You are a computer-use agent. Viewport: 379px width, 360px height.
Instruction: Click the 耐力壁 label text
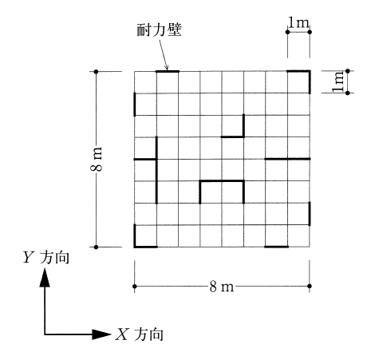pos(159,30)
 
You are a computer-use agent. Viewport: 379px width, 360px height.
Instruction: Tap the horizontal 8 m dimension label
pos(222,287)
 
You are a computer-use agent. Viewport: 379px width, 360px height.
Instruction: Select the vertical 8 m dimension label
pos(96,159)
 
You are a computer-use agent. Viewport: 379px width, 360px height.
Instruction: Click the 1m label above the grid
pos(298,22)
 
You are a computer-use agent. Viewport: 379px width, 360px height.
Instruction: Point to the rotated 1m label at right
pos(338,81)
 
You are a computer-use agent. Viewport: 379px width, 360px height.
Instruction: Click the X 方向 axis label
pos(140,334)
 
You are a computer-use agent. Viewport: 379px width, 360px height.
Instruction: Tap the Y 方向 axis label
pos(46,257)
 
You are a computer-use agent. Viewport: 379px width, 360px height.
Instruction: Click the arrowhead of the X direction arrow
pos(101,334)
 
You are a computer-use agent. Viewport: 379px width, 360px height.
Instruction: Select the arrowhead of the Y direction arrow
pos(45,278)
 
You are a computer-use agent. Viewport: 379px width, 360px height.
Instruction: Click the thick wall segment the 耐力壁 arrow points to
pos(168,71)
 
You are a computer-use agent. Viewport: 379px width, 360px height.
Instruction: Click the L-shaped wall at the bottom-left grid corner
pos(135,247)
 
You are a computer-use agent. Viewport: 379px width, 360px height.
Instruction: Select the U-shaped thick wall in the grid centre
pos(222,181)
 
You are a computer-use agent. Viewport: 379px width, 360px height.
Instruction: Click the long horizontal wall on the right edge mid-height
pos(287,159)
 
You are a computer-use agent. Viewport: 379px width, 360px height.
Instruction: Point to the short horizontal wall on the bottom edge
pos(277,247)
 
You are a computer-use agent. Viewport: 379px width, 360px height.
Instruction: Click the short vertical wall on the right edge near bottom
pos(310,214)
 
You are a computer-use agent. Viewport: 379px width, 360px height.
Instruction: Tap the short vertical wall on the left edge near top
pos(135,105)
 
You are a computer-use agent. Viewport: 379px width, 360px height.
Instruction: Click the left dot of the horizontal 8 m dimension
pos(135,287)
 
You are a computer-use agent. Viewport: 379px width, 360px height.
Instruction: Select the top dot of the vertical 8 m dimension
pos(97,72)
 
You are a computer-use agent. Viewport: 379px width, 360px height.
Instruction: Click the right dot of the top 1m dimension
pos(310,32)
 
